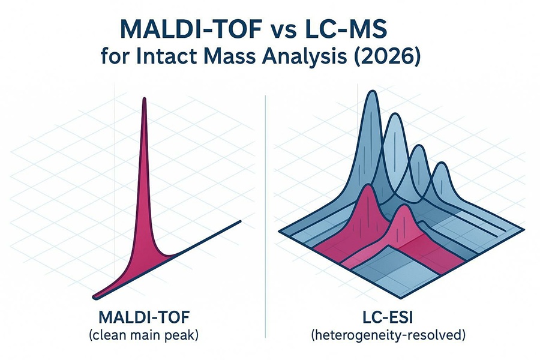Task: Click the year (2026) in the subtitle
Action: point(392,61)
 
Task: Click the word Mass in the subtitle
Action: point(245,61)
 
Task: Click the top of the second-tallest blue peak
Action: point(395,117)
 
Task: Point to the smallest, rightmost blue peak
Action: point(442,168)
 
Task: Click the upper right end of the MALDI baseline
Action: point(239,223)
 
